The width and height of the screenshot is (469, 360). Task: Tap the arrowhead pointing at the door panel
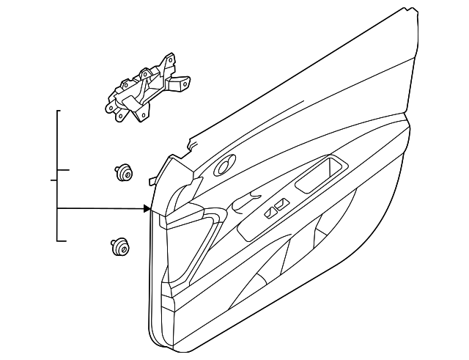click(147, 209)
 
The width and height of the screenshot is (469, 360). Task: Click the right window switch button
click(280, 208)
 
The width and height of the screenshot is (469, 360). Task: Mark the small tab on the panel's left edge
click(151, 179)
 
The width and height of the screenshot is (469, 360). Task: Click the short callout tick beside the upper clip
click(64, 170)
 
